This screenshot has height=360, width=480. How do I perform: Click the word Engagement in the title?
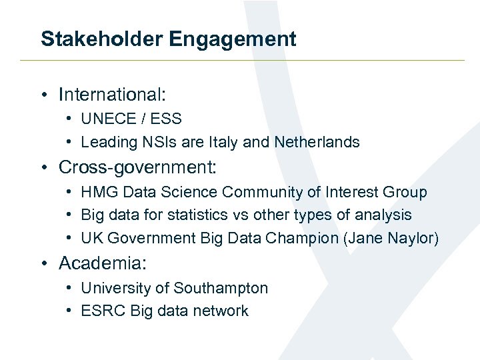point(233,39)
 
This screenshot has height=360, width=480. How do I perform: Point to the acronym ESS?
point(166,119)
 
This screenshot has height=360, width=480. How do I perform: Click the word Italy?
point(224,142)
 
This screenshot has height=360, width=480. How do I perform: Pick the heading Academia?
point(102,263)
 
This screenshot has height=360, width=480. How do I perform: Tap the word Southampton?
point(221,288)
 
